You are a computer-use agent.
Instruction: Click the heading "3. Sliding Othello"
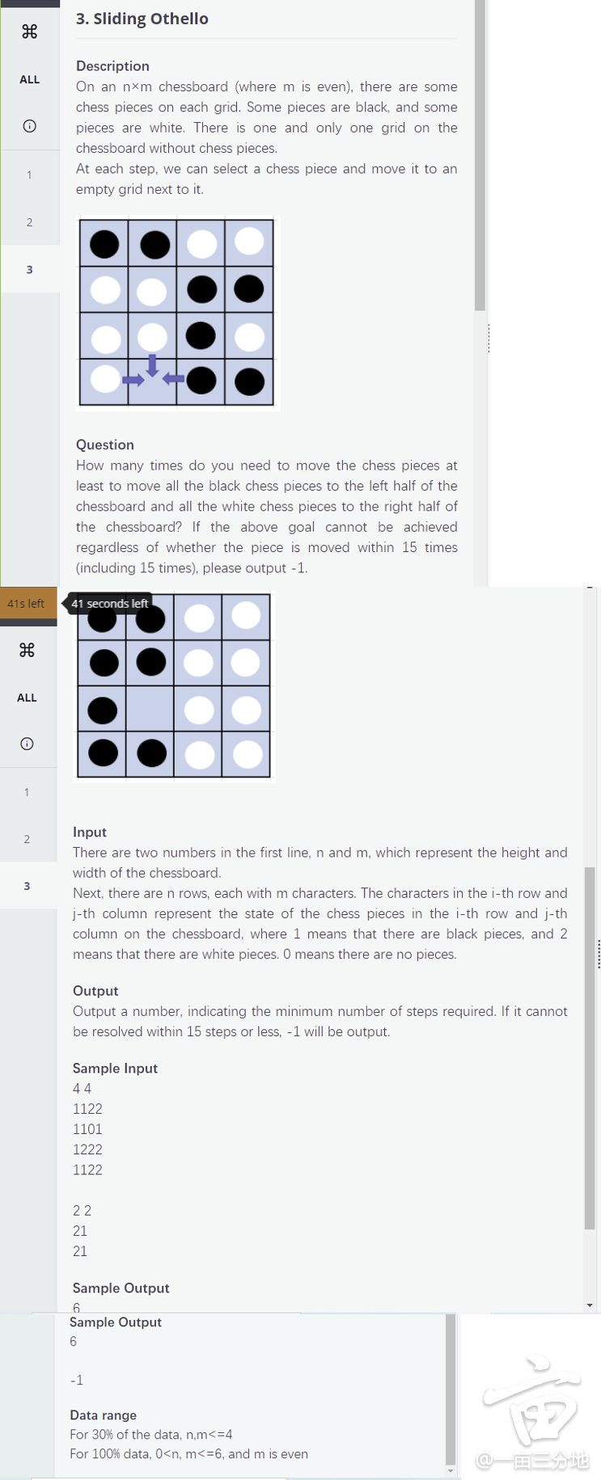(x=142, y=19)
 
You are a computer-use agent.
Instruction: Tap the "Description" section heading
(x=112, y=65)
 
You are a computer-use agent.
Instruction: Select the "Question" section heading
(x=104, y=445)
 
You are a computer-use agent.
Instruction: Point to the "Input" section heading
(x=89, y=832)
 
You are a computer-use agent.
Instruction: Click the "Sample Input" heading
(x=115, y=1068)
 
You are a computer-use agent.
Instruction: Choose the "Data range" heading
(x=103, y=1415)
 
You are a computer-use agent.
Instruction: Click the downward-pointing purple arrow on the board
(x=152, y=365)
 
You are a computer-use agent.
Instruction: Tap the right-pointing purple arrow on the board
(x=133, y=380)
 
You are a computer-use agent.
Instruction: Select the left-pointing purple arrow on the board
(x=173, y=378)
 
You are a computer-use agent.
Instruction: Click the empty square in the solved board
(x=150, y=710)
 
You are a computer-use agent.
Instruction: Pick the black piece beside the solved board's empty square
(x=103, y=710)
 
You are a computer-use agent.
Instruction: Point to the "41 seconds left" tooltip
(x=109, y=604)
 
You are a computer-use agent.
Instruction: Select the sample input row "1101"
(x=87, y=1129)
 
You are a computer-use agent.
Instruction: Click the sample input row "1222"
(x=87, y=1149)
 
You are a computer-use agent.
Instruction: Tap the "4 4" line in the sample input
(x=82, y=1089)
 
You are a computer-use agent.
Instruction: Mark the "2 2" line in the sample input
(x=82, y=1211)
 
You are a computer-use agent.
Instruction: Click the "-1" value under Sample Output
(x=76, y=1381)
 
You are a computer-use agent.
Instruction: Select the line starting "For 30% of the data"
(x=150, y=1435)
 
